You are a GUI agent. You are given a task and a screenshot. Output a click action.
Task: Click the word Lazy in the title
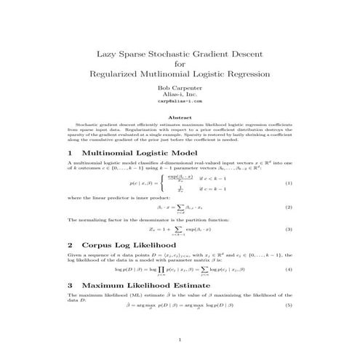(x=108, y=55)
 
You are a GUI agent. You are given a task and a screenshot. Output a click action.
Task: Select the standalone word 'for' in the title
(x=180, y=64)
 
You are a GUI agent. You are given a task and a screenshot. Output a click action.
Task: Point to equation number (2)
(x=288, y=208)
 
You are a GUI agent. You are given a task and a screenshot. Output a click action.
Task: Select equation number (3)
(x=288, y=230)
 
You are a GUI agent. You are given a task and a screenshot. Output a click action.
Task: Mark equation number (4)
(x=288, y=270)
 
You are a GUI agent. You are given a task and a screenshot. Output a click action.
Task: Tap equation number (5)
(x=288, y=308)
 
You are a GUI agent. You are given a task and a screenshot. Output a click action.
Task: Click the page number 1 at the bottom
(x=180, y=340)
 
